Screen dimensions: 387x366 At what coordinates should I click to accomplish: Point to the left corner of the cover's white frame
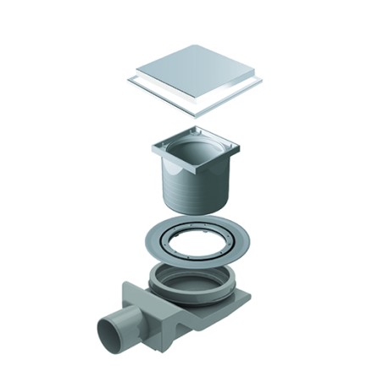click(x=128, y=81)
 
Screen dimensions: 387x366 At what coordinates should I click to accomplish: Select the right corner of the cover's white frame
click(x=261, y=80)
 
